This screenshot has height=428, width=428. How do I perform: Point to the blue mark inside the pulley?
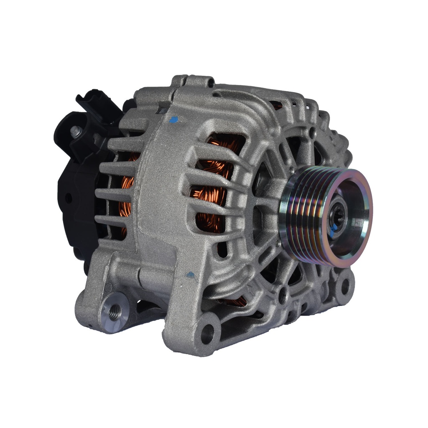(x=332, y=229)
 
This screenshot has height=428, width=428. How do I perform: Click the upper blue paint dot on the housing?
(x=173, y=120)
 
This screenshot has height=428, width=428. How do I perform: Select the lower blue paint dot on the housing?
(x=190, y=275)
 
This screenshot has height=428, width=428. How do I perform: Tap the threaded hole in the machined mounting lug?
(x=115, y=311)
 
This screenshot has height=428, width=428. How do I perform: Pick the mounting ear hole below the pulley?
(x=345, y=286)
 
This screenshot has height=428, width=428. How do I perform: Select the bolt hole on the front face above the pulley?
(x=312, y=133)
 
